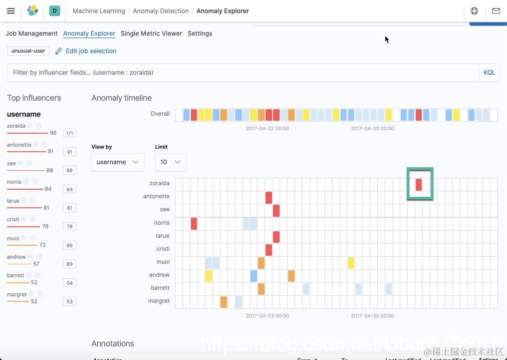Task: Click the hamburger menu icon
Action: coord(11,11)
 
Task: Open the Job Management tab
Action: coord(32,34)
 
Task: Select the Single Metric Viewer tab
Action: coord(151,34)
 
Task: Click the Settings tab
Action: coord(200,34)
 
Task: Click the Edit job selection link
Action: coord(91,51)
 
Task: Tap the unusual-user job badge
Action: coord(28,51)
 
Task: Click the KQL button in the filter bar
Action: coord(489,73)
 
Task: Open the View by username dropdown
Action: coord(117,162)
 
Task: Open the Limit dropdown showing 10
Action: coord(170,162)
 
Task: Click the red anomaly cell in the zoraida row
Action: coord(419,184)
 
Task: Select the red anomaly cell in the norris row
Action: coord(194,223)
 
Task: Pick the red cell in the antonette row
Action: coord(269,197)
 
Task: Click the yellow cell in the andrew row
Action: coord(208,275)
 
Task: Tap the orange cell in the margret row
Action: coord(223,301)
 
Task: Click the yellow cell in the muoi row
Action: coord(351,262)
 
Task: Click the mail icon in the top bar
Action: coord(496,11)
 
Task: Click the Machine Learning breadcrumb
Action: coord(99,11)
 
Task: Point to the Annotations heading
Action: coord(113,343)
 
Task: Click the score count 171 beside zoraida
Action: coord(70,133)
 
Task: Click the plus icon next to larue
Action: coord(24,201)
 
